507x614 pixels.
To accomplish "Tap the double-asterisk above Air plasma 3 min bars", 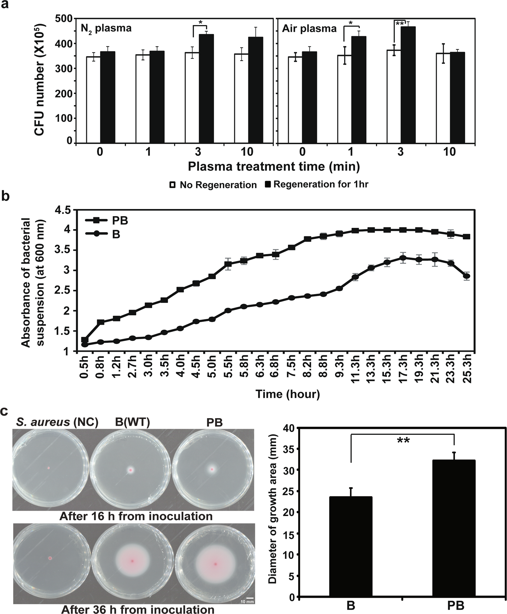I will coord(400,24).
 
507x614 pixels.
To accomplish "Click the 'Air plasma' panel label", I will coord(309,29).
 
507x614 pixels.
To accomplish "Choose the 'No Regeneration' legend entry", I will coord(213,185).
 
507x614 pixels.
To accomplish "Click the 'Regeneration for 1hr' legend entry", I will coord(317,184).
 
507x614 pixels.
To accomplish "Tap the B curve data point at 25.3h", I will coord(467,276).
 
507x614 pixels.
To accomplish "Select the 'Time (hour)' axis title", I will coord(287,394).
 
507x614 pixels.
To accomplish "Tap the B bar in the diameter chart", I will coord(351,548).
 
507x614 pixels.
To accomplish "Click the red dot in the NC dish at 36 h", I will coord(50,558).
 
